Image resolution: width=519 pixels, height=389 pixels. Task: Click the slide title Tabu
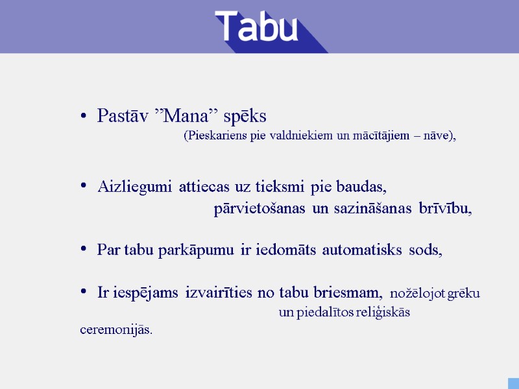click(257, 27)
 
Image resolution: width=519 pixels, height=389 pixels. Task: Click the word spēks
click(245, 117)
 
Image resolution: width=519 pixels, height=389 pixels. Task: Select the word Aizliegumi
click(135, 188)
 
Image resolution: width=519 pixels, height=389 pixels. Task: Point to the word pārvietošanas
click(259, 209)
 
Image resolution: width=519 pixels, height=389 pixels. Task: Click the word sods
click(425, 250)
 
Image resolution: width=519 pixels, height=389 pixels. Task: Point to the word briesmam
click(348, 293)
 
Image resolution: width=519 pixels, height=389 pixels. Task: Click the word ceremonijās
click(116, 329)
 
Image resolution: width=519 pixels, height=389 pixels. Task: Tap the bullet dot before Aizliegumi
click(83, 187)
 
